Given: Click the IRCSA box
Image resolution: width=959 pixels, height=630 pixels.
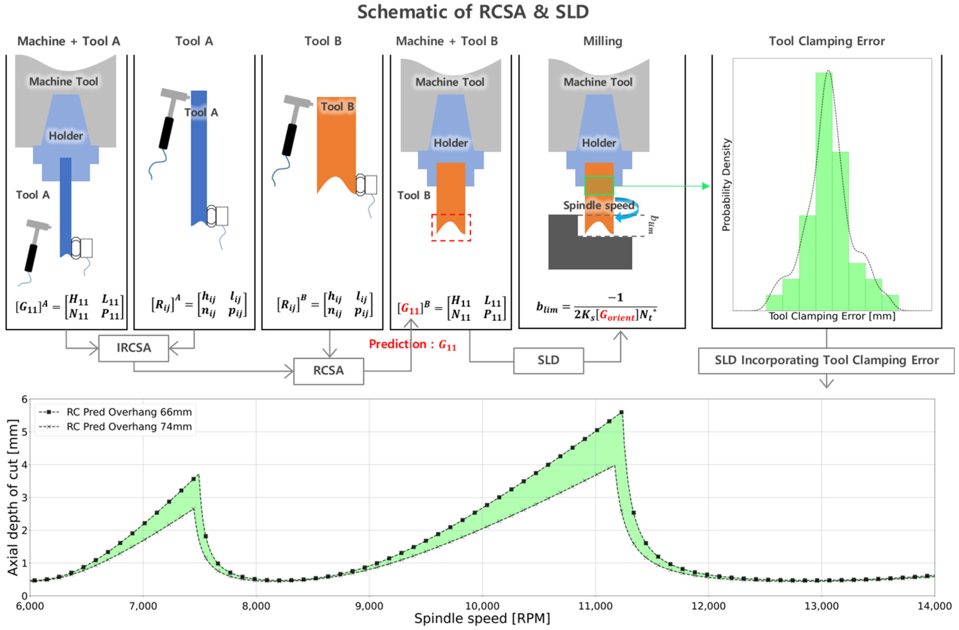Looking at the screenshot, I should pos(133,348).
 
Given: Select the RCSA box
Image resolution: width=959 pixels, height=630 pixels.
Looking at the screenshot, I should pos(328,371).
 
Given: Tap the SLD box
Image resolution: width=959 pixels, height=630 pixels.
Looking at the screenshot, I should pos(548,361).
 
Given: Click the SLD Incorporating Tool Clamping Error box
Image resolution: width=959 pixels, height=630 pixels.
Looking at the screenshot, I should pos(826,361).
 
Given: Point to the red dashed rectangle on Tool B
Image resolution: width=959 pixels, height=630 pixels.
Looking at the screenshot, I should pos(451,228).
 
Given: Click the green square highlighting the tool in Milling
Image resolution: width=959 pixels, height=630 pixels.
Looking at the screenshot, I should pos(599,186).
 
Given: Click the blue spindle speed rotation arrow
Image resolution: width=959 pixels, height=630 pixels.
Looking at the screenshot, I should pos(627,210).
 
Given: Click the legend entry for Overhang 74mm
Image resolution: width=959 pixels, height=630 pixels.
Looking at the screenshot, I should pos(129,427).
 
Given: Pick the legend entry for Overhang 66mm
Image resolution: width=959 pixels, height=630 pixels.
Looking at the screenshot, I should pos(129,412).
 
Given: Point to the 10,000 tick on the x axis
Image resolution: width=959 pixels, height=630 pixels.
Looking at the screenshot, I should pos(482,606).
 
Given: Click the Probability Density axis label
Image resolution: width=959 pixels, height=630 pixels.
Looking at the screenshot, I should pos(726,185).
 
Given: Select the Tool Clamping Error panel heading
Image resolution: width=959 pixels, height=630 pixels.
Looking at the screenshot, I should pos(826,42).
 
